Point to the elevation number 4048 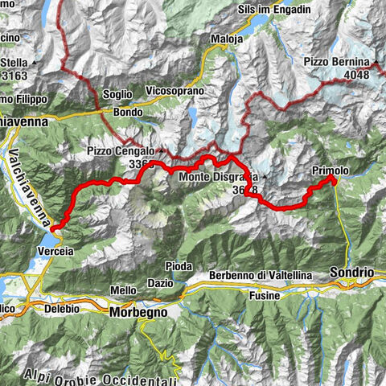358,75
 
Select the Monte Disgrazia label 217,177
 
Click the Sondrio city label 353,273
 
